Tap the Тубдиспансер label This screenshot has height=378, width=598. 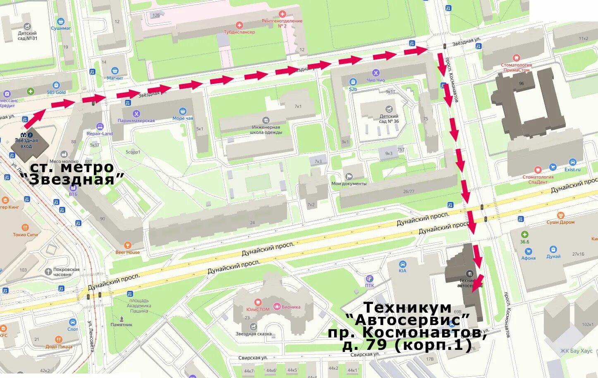239,32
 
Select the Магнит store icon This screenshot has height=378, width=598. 115,71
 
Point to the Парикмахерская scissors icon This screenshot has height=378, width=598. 136,114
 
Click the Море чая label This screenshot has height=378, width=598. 182,118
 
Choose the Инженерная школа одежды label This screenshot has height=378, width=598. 266,130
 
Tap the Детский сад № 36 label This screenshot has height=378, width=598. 389,119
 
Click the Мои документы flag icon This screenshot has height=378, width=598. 349,177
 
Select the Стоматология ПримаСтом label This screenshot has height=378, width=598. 516,67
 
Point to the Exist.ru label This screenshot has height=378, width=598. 572,170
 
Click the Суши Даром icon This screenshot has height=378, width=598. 561,215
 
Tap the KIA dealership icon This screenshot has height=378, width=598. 402,264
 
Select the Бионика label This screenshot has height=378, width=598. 291,307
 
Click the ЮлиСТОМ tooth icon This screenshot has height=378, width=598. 258,302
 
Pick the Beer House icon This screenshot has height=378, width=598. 127,245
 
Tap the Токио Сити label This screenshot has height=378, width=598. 25,234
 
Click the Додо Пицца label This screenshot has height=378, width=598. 59,347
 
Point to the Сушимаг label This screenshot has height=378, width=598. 61,29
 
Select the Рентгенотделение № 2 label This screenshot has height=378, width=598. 282,23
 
